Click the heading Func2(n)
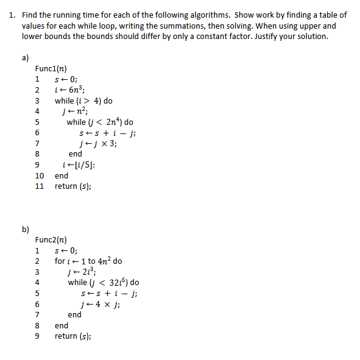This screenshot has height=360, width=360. tap(51, 239)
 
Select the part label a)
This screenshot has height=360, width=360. tap(25, 58)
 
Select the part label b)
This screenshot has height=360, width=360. tap(25, 230)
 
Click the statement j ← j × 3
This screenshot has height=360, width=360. tap(102, 144)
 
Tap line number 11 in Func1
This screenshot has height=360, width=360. tap(40, 186)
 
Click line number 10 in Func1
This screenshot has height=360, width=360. tap(40, 176)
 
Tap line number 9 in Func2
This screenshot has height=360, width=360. tap(37, 336)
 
